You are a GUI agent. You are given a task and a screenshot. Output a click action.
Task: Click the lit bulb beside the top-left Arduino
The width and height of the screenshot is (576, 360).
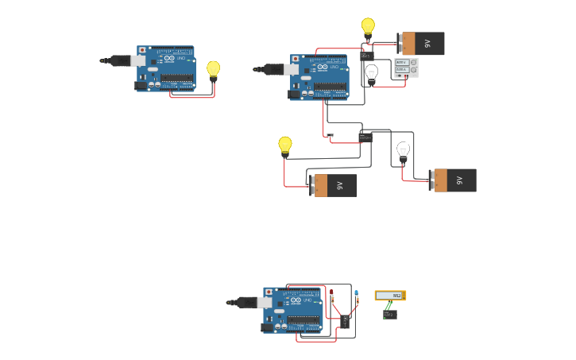213,70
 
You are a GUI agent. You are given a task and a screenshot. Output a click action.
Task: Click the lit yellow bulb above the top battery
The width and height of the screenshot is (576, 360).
368,26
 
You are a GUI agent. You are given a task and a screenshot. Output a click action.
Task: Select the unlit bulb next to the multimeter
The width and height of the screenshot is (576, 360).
371,73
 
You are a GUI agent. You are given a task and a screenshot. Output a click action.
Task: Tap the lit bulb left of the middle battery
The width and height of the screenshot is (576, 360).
285,145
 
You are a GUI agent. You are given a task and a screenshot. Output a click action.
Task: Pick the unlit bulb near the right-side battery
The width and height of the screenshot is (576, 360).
403,149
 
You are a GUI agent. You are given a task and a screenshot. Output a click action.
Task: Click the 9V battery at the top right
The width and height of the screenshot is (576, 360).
422,43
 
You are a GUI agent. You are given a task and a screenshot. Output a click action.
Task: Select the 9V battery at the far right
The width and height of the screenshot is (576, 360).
454,180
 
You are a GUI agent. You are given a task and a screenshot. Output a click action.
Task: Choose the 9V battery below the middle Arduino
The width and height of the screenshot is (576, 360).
334,185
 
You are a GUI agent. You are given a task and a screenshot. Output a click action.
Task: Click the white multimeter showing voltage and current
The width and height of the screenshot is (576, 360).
406,67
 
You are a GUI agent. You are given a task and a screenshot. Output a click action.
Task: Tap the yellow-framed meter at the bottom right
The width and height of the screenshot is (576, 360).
390,296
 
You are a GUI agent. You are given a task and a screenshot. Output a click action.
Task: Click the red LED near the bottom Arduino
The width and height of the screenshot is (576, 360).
332,294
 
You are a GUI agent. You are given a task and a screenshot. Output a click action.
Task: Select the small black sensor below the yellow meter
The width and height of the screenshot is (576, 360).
389,315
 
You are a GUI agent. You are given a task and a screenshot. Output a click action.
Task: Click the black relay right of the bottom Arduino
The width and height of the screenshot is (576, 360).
345,320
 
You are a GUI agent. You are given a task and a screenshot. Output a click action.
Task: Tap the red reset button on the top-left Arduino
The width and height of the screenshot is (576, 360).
142,50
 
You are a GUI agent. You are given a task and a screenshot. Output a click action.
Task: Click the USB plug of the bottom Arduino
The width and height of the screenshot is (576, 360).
244,302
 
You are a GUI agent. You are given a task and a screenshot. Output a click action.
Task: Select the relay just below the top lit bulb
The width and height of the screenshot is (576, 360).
366,55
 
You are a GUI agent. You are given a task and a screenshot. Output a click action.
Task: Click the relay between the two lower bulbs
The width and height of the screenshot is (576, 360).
365,137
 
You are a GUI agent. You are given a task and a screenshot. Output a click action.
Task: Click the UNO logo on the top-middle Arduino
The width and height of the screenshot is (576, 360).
334,68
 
